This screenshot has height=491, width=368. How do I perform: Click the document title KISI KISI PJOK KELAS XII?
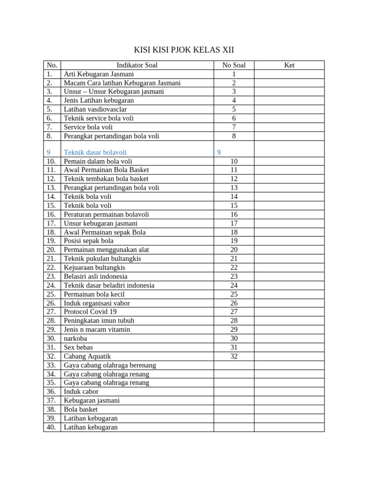184,50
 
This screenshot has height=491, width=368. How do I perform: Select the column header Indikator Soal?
137,65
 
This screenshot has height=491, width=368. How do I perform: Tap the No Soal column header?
234,65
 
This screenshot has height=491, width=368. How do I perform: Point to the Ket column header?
289,65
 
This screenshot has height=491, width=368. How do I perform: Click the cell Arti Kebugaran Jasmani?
99,74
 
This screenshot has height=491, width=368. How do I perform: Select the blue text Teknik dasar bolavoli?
95,152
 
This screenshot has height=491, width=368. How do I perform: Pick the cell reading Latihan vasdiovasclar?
95,109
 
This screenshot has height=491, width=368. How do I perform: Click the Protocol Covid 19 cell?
90,312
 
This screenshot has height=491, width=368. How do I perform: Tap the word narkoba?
75,339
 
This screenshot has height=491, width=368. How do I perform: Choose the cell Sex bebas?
78,347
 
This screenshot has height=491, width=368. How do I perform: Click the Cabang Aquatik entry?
87,356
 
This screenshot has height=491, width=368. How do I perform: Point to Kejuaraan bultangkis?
94,268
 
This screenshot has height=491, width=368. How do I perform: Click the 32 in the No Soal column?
234,356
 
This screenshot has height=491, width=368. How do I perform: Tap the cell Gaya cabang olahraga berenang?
110,365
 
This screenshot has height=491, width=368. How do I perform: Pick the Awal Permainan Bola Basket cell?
106,170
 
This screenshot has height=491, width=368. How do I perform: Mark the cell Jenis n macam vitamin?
97,329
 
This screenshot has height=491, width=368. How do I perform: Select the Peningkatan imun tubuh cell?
99,321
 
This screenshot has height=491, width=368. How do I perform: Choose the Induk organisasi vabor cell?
97,303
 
